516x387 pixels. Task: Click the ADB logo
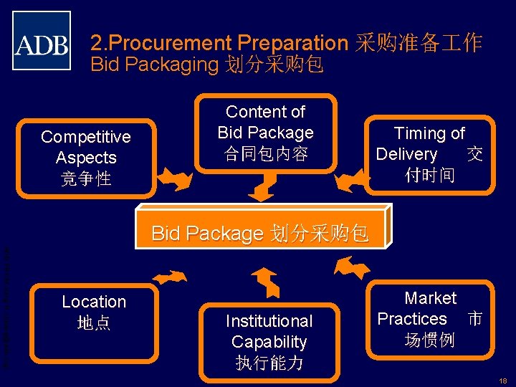(42, 41)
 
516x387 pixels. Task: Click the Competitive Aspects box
(86, 158)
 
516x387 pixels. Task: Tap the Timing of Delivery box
(430, 154)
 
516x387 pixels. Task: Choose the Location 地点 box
(94, 312)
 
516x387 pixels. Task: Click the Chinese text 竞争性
(86, 178)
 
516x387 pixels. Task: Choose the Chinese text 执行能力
(269, 363)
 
